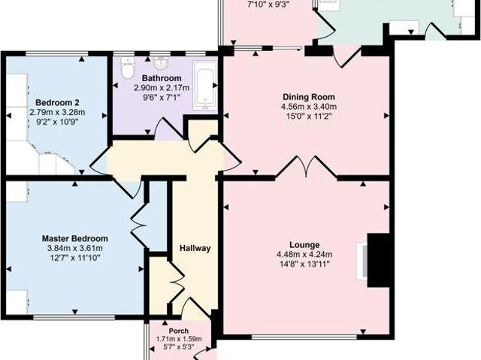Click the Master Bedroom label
tap(74, 238)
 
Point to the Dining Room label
tap(308, 97)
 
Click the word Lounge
tap(305, 244)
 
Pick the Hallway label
tap(195, 248)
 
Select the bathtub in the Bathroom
tap(204, 86)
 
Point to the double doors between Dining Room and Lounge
tap(306, 166)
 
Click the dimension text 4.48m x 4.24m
tap(305, 254)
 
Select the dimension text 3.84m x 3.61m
tap(74, 248)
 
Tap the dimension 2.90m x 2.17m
tap(162, 88)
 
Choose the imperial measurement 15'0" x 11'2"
tap(308, 116)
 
